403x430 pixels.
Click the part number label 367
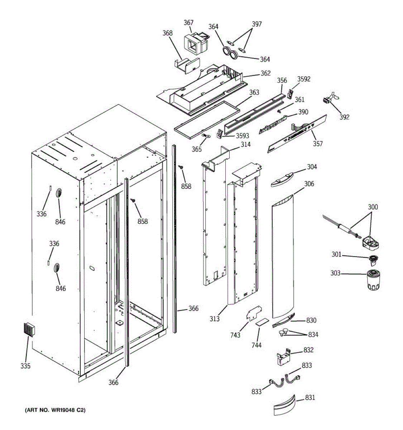coord(189,23)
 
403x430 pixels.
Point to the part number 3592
coord(304,79)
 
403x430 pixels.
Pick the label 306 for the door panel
coord(309,184)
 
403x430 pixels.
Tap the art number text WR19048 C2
coord(54,410)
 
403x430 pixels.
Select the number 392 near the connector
coord(344,117)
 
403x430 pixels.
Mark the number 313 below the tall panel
coord(215,318)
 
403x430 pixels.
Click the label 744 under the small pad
coord(256,345)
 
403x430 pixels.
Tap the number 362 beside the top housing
coord(265,73)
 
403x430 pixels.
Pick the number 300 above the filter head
coord(373,207)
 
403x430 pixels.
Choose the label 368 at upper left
coord(168,33)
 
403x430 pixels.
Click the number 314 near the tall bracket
coord(245,144)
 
